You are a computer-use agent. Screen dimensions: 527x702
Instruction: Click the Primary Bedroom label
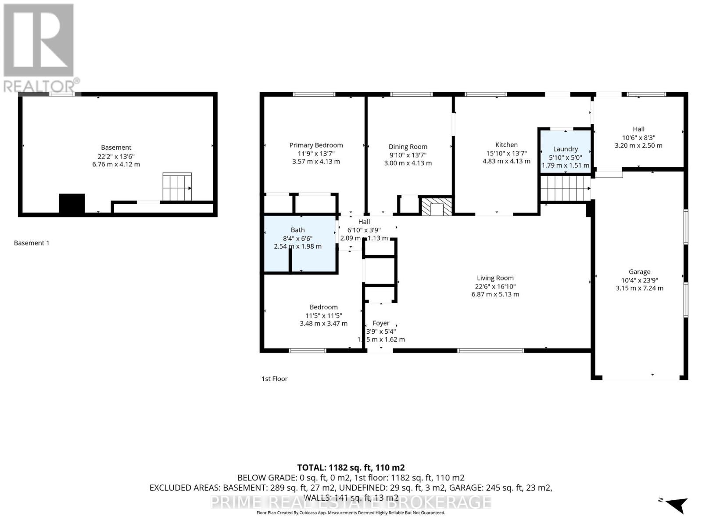point(316,145)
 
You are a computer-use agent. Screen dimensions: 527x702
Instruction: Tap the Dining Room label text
point(408,147)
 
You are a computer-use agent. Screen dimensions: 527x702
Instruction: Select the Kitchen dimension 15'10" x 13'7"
point(506,153)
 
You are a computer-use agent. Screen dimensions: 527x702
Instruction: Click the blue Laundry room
point(565,149)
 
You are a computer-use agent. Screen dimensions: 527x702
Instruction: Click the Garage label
point(639,272)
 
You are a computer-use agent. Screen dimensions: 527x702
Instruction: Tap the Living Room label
point(495,278)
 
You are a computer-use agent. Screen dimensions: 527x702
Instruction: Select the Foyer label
point(381,323)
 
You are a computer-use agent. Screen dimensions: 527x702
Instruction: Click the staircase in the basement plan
point(177,187)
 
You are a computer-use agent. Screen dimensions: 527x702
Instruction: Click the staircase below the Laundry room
point(565,188)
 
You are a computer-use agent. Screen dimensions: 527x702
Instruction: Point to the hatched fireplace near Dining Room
point(436,206)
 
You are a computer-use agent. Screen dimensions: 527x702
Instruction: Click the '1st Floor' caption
point(275,379)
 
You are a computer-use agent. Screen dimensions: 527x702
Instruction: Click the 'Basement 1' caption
point(32,243)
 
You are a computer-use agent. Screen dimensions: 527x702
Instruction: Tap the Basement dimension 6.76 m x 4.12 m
point(116,164)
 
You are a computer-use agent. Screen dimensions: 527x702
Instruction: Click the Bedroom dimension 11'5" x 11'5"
point(323,315)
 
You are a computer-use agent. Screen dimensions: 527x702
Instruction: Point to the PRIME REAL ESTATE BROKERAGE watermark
point(351,502)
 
